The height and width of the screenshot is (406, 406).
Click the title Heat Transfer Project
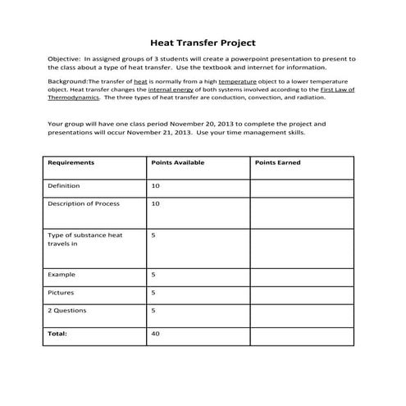[203, 41]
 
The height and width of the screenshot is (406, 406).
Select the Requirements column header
[71, 162]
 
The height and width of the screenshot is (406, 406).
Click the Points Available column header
[178, 162]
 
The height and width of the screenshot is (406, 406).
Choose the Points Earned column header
[278, 162]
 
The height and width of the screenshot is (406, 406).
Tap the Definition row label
[65, 186]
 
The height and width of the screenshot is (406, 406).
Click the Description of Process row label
[84, 203]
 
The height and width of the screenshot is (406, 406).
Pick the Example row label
[62, 274]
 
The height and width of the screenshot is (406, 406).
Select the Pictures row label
[62, 292]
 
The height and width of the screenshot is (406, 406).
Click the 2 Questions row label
[68, 311]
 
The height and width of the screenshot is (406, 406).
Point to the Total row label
[57, 334]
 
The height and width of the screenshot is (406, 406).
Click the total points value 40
[156, 334]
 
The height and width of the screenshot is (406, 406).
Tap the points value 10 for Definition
[156, 186]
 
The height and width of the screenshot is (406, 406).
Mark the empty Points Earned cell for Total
[301, 335]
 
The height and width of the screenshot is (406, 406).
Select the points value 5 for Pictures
[154, 292]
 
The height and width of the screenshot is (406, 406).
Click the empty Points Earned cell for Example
[301, 275]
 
